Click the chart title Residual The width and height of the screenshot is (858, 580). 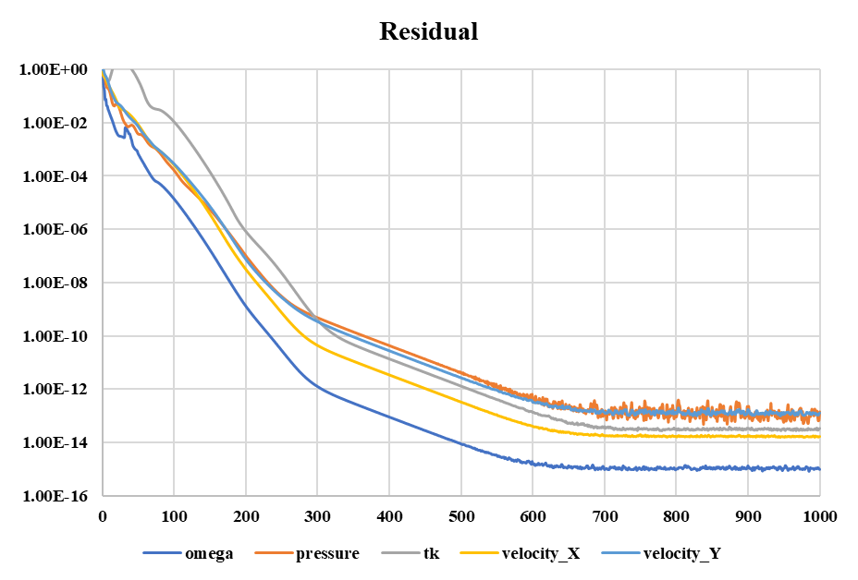tap(429, 31)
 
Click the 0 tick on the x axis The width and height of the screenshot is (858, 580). tap(103, 514)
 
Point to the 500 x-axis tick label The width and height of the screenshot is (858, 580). tap(461, 514)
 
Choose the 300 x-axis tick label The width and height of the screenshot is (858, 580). tap(318, 514)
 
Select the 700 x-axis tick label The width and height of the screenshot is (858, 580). tap(605, 514)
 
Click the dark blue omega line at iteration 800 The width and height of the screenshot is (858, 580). tap(676, 468)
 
